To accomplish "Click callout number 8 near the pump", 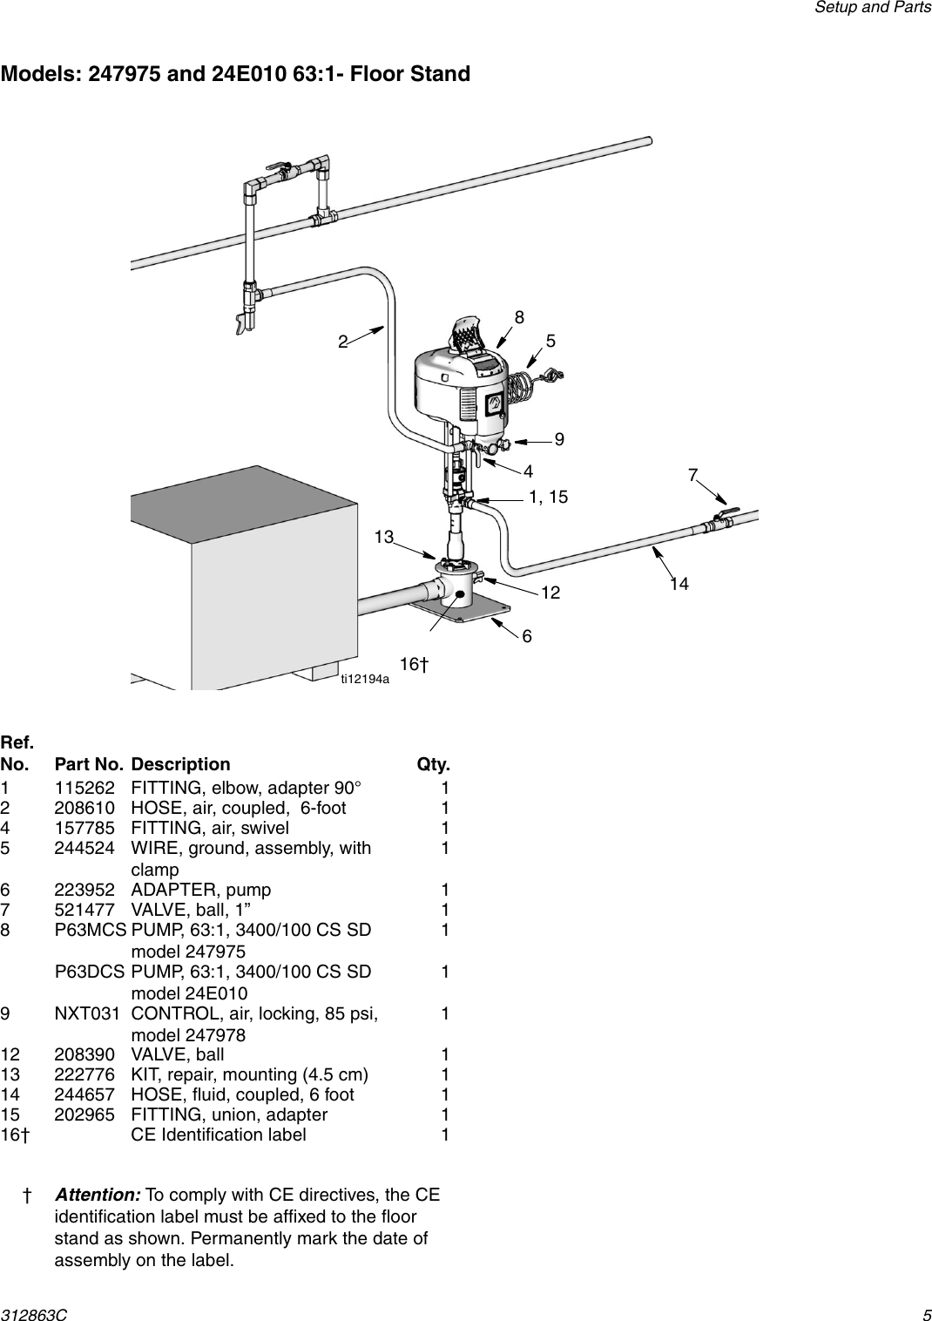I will [x=519, y=318].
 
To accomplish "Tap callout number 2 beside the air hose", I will [x=344, y=342].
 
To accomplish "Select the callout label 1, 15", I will [x=548, y=497].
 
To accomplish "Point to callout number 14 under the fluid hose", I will [x=679, y=584].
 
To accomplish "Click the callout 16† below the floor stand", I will [x=414, y=665].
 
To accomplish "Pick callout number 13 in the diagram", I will [x=384, y=537].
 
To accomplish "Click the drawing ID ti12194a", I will [x=365, y=679].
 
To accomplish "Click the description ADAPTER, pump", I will [x=200, y=890].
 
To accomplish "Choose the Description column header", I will [x=180, y=764].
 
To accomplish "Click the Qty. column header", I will [x=433, y=764].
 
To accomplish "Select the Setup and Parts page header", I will [x=872, y=8].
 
